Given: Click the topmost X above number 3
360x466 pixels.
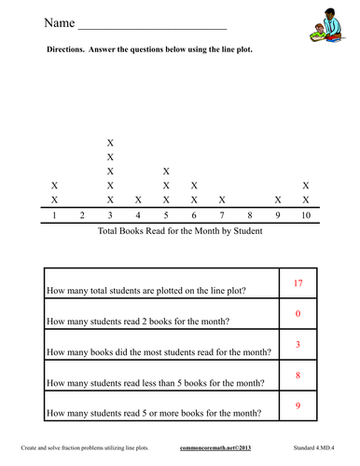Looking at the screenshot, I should (x=111, y=143).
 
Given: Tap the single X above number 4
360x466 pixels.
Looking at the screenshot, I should (x=138, y=199).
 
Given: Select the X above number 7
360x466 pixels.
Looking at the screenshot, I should (x=221, y=199).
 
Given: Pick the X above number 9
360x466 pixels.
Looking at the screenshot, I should (x=277, y=199).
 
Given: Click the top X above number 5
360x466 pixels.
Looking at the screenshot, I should (x=166, y=171).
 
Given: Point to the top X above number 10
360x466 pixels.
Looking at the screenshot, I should (x=305, y=185).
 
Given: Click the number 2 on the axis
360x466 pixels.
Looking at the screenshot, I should (x=83, y=216).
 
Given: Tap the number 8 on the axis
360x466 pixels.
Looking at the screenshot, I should (x=249, y=216).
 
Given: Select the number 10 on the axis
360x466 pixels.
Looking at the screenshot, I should (x=305, y=216).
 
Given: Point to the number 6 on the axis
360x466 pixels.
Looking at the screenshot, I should (x=193, y=216).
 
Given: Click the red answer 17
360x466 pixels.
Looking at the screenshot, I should (x=298, y=282).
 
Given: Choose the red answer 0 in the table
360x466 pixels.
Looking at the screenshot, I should (x=298, y=314).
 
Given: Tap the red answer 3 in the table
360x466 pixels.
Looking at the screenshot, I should (x=298, y=345).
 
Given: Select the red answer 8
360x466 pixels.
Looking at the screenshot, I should (x=298, y=376).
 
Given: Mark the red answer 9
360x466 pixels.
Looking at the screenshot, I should (x=298, y=406).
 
